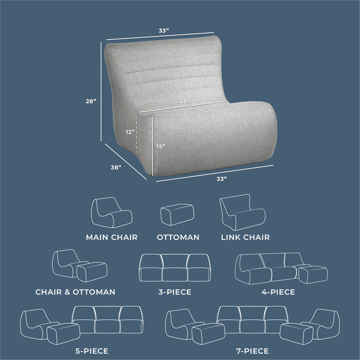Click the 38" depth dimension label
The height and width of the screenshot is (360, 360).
[x=116, y=168]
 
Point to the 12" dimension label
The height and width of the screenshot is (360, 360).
[x=130, y=132]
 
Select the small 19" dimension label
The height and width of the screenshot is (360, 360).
[x=193, y=114]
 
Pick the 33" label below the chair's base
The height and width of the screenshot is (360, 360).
[x=221, y=178]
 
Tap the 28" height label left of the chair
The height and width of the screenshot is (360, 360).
[x=90, y=101]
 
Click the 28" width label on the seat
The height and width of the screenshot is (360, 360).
[x=184, y=101]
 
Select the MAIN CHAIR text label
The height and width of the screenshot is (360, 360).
[x=111, y=237]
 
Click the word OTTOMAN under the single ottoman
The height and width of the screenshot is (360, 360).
[x=178, y=237]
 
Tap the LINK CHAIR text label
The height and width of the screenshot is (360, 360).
[x=245, y=237]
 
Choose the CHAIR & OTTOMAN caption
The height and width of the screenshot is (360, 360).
[x=75, y=291]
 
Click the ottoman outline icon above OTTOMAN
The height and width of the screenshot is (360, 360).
[x=177, y=214]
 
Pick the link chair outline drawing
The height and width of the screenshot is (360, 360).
[x=242, y=212]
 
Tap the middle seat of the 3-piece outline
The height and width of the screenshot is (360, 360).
[x=175, y=268]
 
